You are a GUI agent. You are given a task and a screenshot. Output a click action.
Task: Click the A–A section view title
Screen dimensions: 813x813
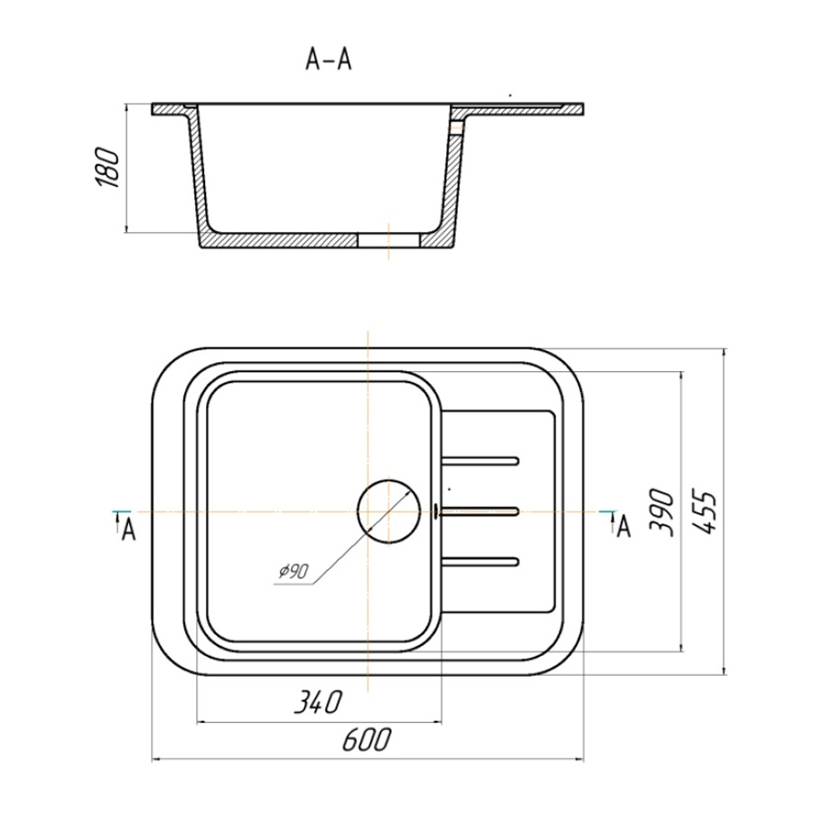(x=329, y=59)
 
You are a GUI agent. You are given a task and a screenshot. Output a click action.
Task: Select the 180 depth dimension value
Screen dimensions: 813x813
(x=107, y=167)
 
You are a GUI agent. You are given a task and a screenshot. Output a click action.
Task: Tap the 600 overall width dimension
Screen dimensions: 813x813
(x=366, y=740)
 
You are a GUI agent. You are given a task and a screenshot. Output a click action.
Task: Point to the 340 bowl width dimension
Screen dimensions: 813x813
(x=318, y=702)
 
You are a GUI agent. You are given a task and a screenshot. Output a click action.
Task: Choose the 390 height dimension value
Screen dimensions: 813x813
(x=661, y=511)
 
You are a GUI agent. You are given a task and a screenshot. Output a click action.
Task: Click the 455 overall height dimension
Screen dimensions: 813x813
(x=705, y=511)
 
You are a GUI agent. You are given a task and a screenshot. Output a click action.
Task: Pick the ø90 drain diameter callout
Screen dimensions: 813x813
(x=294, y=571)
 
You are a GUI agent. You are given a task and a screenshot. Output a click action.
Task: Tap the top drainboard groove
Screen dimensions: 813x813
(x=481, y=461)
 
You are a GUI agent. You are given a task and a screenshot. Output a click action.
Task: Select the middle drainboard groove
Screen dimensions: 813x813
(x=481, y=511)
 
